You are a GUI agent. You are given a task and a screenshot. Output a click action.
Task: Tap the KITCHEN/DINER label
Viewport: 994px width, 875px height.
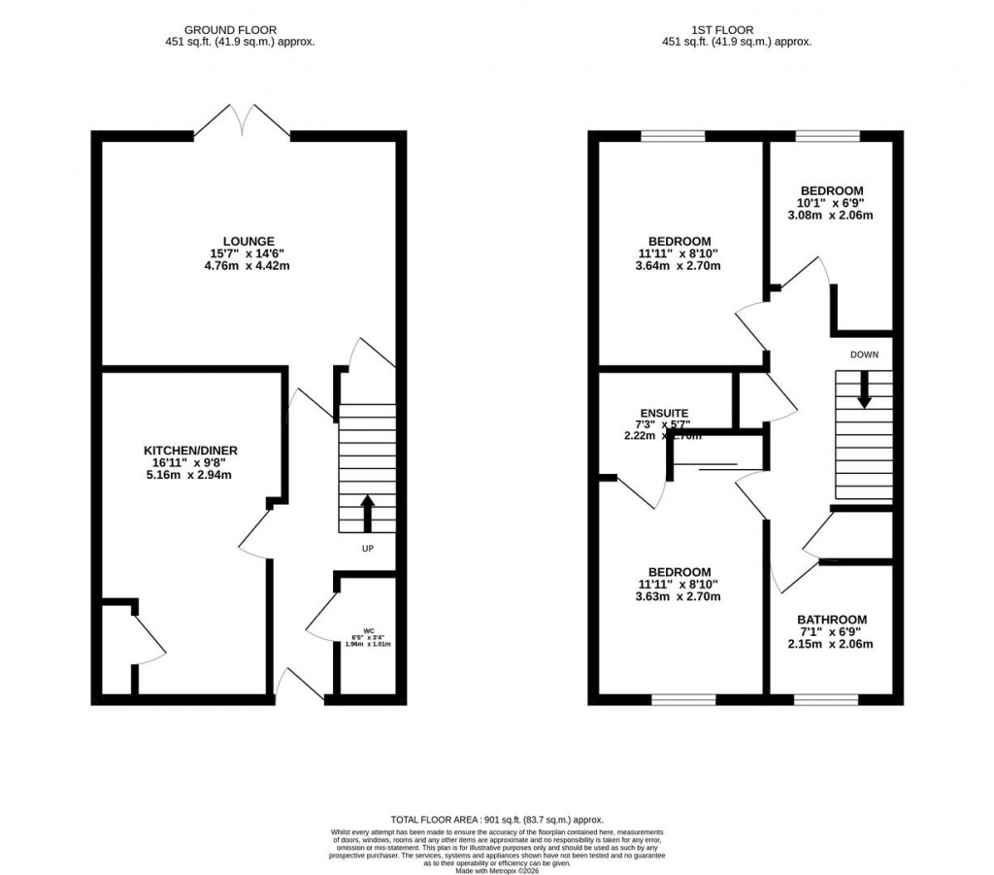(190, 451)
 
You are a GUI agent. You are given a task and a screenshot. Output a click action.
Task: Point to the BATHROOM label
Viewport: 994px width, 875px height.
(831, 620)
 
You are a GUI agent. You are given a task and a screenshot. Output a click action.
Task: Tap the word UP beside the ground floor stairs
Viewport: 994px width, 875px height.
(367, 549)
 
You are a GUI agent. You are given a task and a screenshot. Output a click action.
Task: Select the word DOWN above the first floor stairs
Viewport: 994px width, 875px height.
(863, 354)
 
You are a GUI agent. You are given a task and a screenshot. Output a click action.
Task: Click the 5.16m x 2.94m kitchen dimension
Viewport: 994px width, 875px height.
(190, 476)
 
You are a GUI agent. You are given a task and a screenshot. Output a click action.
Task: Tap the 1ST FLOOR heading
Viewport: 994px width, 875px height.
(736, 30)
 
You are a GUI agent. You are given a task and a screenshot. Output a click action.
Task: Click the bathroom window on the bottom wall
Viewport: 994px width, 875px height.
(826, 699)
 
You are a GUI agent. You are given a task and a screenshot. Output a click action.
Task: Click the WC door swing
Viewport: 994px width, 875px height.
(320, 622)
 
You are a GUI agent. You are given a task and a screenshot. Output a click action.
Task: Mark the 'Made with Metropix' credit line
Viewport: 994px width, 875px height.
(496, 869)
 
